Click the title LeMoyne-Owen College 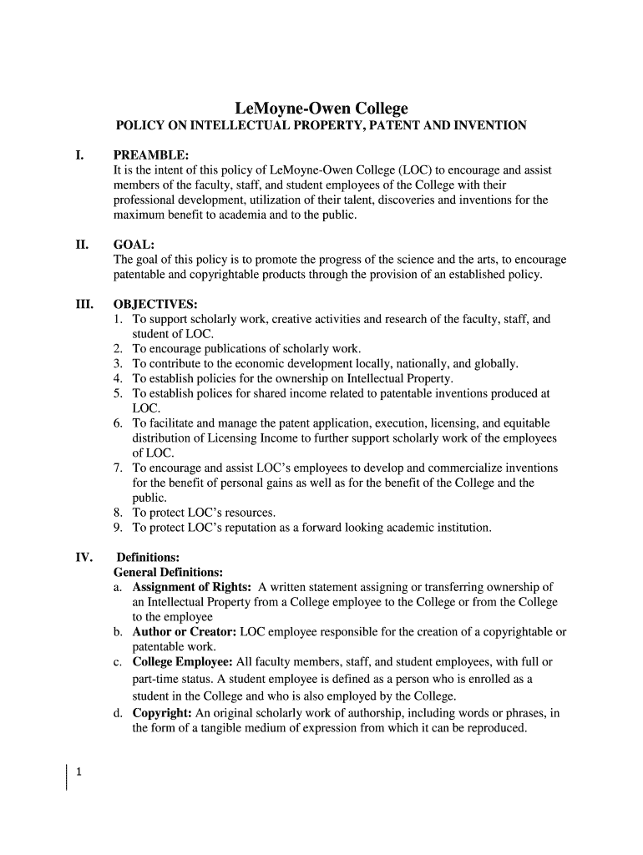tap(321, 109)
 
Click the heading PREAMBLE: tap(151, 155)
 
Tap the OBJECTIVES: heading tap(155, 304)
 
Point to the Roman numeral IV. tap(84, 557)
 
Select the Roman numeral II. tap(82, 245)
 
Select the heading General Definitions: tap(168, 572)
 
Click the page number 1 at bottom tap(78, 772)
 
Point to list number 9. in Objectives tap(119, 528)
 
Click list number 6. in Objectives tap(119, 423)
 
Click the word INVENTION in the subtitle tap(489, 126)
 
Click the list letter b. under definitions tap(119, 632)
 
